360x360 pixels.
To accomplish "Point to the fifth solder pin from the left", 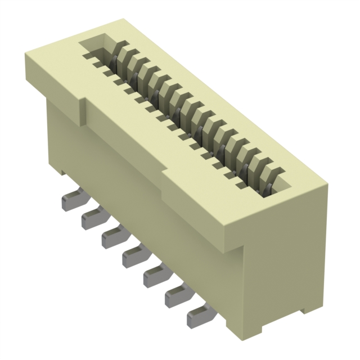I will pyautogui.click(x=152, y=275).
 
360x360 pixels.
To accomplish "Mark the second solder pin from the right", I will pyautogui.click(x=173, y=295).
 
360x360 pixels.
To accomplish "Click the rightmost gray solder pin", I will pyautogui.click(x=195, y=316).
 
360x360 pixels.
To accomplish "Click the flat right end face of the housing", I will pyautogui.click(x=287, y=264).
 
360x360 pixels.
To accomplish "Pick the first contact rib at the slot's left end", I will pyautogui.click(x=119, y=57).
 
